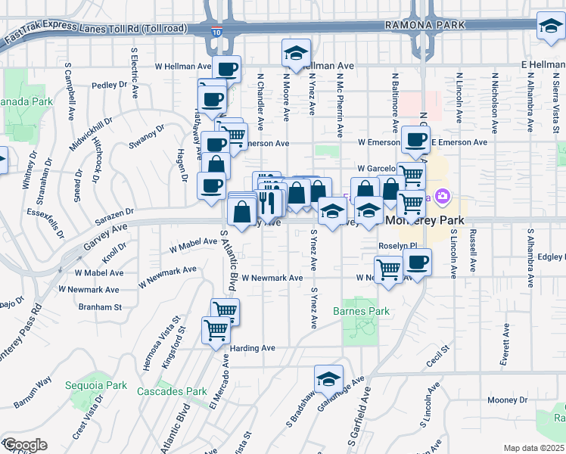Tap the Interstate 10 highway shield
pos(216,32)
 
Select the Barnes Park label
pos(361,311)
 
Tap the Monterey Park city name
pos(425,220)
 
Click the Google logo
pos(25,445)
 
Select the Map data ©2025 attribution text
pos(533,448)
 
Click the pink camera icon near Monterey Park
pos(443,198)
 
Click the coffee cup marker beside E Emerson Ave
pos(415,139)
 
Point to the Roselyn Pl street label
pos(398,247)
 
